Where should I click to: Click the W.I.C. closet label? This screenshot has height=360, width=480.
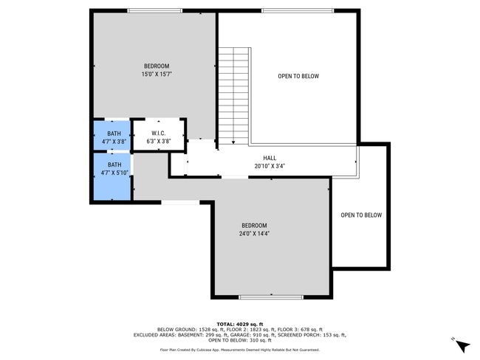[x=159, y=134]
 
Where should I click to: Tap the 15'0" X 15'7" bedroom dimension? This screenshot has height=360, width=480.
[x=157, y=74]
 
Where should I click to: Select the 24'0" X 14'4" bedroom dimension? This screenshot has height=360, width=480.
[x=254, y=234]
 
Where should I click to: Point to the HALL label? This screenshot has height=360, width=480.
[x=270, y=158]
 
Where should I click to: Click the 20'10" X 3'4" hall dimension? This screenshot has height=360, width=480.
[x=270, y=166]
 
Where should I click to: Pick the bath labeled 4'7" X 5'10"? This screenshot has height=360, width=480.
[x=112, y=176]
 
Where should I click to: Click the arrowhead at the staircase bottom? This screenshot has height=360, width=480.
[x=233, y=142]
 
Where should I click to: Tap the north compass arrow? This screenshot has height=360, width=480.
[x=463, y=347]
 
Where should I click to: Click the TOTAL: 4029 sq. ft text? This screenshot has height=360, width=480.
[x=240, y=324]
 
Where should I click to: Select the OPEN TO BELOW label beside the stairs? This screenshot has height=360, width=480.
[x=298, y=76]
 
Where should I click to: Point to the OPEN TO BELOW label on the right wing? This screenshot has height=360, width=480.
[x=361, y=215]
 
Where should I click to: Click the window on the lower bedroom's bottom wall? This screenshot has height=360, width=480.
[x=271, y=297]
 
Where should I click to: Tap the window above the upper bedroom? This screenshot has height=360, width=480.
[x=155, y=11]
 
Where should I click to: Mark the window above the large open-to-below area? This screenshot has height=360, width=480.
[x=298, y=11]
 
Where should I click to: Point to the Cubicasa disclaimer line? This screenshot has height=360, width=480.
[x=240, y=350]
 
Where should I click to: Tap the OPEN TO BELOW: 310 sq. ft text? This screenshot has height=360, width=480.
[x=240, y=340]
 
